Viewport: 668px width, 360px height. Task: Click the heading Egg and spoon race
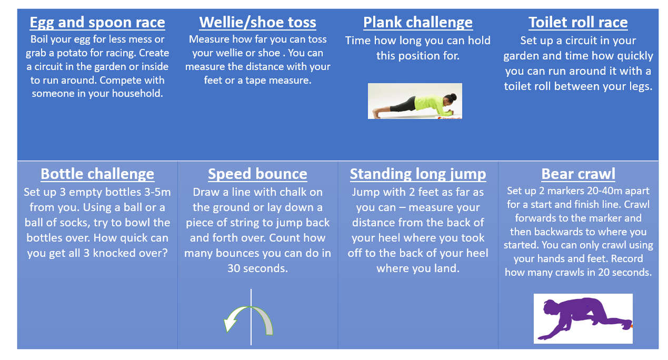(97, 23)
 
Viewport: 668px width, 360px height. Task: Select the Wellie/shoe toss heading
(257, 23)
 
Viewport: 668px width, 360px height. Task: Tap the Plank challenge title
(418, 23)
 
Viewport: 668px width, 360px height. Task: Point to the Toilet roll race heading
(578, 23)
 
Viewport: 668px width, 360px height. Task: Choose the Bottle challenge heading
(97, 174)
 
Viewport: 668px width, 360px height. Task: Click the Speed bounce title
(257, 174)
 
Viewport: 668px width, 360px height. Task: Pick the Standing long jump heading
(418, 174)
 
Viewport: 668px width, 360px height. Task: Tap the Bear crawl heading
(578, 174)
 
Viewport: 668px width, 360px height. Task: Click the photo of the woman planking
(415, 101)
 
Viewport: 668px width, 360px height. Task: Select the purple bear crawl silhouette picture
(583, 318)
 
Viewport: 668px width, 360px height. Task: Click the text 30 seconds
(257, 268)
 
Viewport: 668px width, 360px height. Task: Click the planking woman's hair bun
(453, 96)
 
